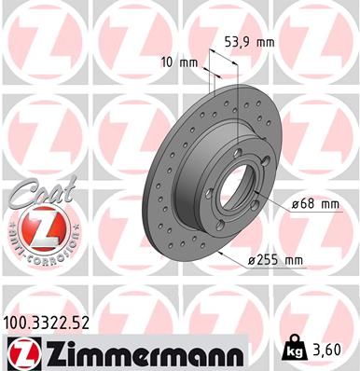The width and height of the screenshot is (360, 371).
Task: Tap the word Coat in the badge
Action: coord(35,191)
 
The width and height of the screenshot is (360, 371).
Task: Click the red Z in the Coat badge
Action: coord(32,228)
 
